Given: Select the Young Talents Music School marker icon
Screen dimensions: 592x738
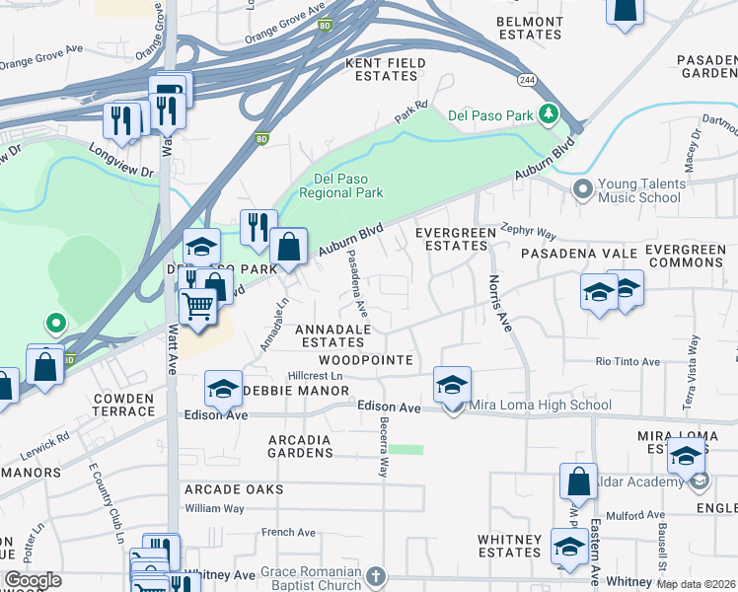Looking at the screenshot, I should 582,186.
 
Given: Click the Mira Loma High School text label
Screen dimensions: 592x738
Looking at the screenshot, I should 542,405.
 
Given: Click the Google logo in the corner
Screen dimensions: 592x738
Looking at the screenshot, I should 33,580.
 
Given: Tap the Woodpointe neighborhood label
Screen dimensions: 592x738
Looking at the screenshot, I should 365,361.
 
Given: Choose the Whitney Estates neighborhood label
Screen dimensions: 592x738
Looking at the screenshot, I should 509,546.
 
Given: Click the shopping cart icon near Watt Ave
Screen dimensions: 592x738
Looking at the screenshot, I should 198,309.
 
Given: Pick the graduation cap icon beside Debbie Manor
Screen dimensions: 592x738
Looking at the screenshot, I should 224,388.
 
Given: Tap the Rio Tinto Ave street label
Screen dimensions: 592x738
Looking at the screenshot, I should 627,362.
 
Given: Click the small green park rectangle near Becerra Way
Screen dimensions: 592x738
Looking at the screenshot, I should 406,450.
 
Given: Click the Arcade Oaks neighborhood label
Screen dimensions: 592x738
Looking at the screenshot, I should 234,489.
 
